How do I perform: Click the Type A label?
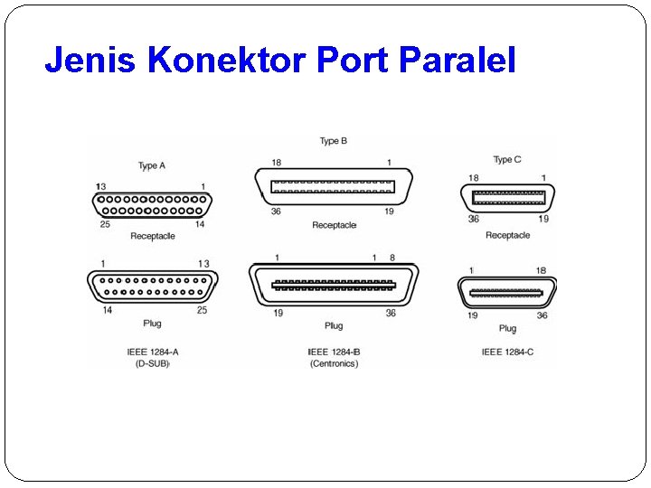[152, 165]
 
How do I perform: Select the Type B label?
[334, 141]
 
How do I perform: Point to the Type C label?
[507, 160]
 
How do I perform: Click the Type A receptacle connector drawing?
[153, 205]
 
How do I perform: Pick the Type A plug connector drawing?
[153, 286]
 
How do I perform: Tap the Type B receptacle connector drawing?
[334, 187]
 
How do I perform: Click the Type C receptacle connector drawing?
[508, 197]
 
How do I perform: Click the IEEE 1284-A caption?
[153, 352]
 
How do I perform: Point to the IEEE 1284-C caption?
[507, 352]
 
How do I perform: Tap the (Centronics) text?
[334, 364]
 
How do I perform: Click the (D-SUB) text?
[153, 364]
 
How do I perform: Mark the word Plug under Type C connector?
[507, 329]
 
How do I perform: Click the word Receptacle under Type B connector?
[334, 225]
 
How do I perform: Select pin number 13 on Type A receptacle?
[100, 185]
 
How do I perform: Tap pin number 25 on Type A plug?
[202, 310]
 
